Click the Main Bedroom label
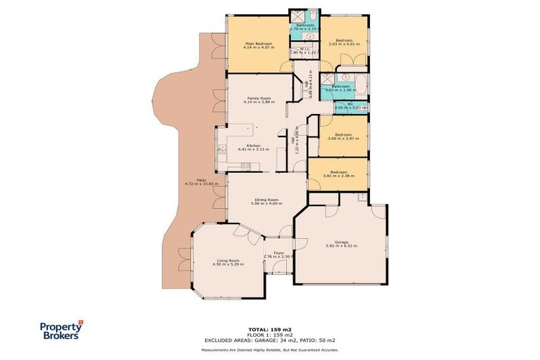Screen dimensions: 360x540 (x=258, y=46)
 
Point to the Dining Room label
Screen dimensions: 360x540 (x=268, y=201)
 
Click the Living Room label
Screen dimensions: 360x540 (x=229, y=262)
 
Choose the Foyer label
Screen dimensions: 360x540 (x=278, y=255)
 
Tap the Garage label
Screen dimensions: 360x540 (x=342, y=243)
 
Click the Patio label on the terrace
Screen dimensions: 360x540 (x=201, y=181)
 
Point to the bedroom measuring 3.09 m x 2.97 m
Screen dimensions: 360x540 (x=343, y=136)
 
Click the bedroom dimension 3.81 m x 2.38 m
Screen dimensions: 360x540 (x=339, y=174)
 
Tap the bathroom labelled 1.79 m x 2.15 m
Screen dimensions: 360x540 (x=305, y=27)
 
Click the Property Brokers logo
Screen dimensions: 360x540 (x=60, y=330)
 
